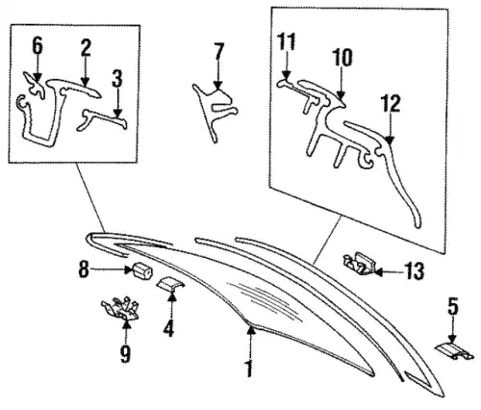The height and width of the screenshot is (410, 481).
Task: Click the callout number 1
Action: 248,369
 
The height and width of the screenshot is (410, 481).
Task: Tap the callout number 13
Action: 415,271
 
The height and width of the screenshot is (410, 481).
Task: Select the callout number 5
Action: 452,307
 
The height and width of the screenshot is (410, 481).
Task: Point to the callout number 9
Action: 125,354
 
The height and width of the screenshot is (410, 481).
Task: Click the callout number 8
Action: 84,269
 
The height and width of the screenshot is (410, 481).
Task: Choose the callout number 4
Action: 169,328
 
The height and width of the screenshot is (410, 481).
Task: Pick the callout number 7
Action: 218,51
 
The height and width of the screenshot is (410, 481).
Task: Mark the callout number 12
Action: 391,103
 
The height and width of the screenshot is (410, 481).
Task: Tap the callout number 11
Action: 286,41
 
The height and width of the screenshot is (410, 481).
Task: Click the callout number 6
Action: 38,45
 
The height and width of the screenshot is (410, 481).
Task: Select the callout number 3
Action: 117,79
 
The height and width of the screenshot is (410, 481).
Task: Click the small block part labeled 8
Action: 142,271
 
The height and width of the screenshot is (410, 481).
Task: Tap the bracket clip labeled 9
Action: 120,309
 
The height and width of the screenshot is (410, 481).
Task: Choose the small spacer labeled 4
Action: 170,285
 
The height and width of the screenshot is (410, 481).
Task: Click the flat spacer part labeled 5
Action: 454,351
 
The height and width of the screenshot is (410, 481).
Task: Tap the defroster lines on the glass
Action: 265,300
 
